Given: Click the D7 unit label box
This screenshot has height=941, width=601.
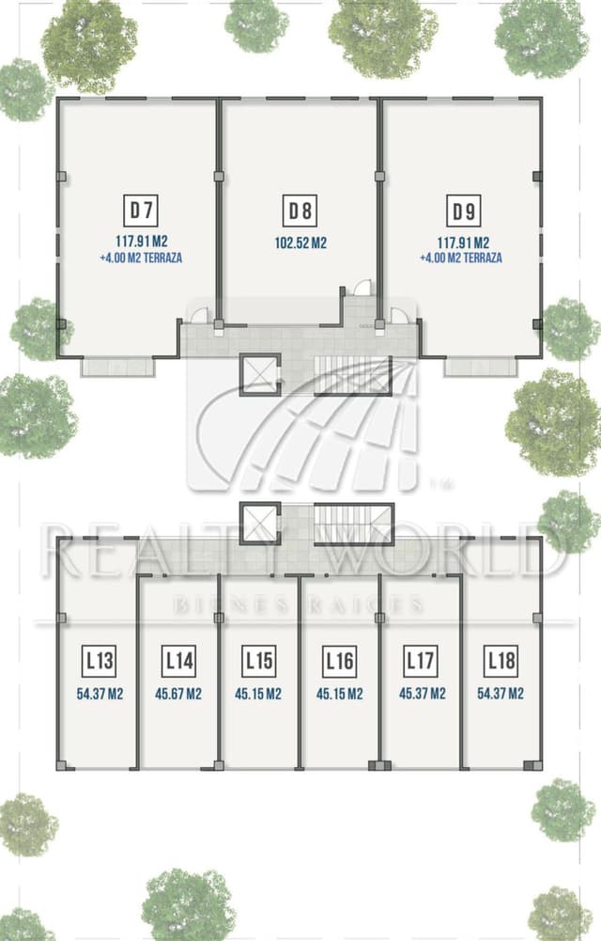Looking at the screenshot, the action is (x=142, y=210).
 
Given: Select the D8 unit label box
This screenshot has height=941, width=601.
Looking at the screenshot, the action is (x=300, y=211).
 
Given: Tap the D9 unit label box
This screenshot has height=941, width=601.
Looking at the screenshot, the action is (x=464, y=211).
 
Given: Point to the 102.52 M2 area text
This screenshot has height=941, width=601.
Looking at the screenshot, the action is (x=300, y=243).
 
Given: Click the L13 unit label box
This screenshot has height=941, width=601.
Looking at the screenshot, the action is (x=100, y=661).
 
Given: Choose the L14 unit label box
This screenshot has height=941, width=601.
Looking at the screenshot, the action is (x=179, y=661).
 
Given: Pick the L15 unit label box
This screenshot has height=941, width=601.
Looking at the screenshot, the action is (x=259, y=661).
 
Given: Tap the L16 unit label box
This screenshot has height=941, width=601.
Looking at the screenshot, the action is (x=340, y=661).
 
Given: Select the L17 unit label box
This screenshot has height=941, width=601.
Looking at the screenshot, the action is (x=421, y=661).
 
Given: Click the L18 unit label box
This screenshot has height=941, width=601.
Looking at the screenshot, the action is (x=501, y=661).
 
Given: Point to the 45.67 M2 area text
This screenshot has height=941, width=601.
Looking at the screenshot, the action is (x=178, y=694).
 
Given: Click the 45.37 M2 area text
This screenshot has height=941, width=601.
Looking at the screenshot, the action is (x=423, y=693).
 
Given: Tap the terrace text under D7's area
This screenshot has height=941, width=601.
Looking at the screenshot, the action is (x=142, y=259).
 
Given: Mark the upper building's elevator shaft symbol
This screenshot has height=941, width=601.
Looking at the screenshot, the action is (x=260, y=374).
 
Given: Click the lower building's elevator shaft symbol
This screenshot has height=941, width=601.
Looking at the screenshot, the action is (x=260, y=524).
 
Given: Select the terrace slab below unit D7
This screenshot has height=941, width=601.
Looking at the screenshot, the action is (x=118, y=368).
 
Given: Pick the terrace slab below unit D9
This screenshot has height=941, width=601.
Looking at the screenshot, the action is (x=481, y=368).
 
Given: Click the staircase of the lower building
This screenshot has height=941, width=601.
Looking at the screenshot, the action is (x=353, y=524).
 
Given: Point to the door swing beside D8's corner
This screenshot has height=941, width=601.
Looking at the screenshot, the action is (x=362, y=288).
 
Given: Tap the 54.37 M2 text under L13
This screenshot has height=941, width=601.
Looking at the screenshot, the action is (x=100, y=694).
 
